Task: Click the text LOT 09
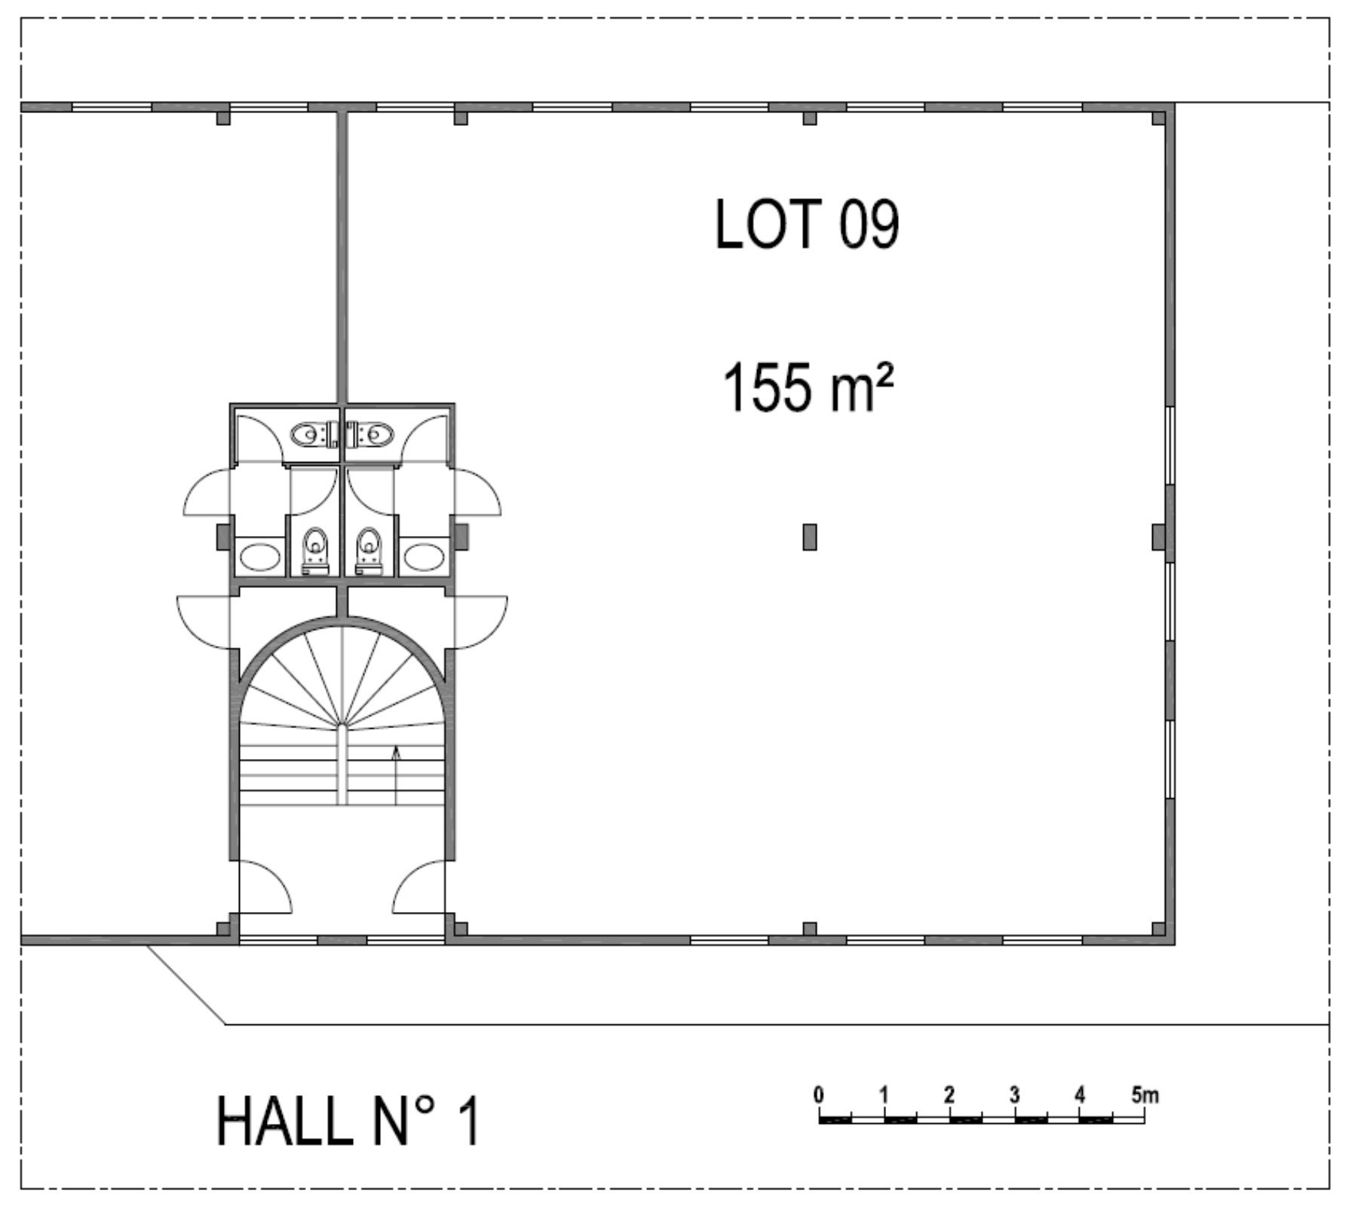pos(807,224)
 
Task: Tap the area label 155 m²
pos(808,387)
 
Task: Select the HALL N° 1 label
pos(348,1122)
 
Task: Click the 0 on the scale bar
pos(819,1094)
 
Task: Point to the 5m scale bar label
pos(1145,1094)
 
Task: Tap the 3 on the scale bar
pos(1014,1094)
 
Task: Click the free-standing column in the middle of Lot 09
pos(810,537)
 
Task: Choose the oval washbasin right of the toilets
pos(422,558)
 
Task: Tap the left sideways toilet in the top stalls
pos(315,434)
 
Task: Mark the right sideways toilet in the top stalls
pos(370,434)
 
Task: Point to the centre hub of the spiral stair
pos(342,726)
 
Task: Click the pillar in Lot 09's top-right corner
pos(1159,118)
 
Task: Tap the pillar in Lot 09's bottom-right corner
pos(1159,929)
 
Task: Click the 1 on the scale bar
pos(885,1094)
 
